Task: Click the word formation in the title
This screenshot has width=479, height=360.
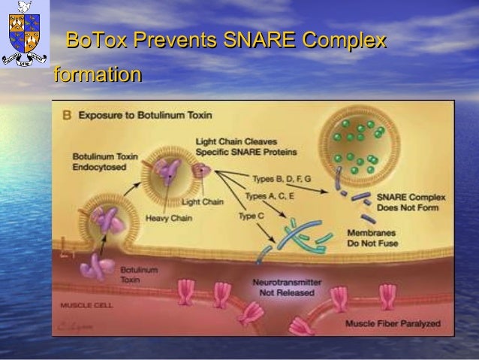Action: pyautogui.click(x=97, y=75)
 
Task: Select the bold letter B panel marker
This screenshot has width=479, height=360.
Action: pyautogui.click(x=66, y=116)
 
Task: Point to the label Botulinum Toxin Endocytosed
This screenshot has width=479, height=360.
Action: pyautogui.click(x=105, y=162)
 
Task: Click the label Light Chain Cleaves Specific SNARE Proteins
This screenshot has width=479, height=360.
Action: pyautogui.click(x=235, y=146)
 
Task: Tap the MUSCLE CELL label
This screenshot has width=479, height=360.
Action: pyautogui.click(x=87, y=306)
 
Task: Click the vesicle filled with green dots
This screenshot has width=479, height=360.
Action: pyautogui.click(x=360, y=147)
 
